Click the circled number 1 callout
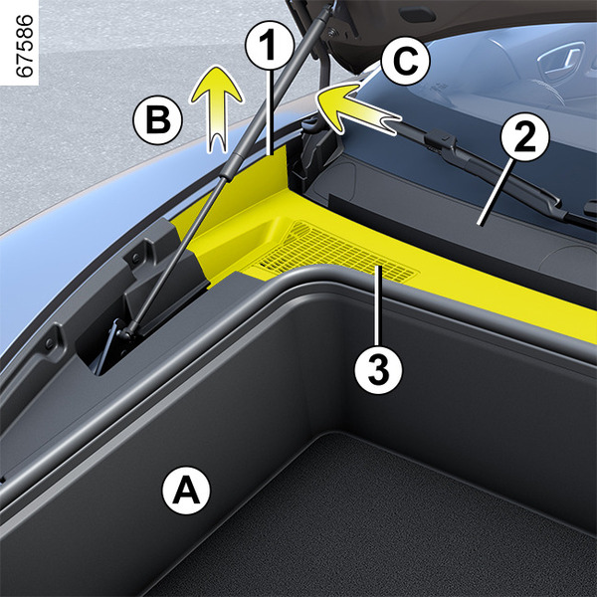(270, 47)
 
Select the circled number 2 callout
(524, 137)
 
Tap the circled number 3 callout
(378, 369)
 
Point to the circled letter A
(187, 492)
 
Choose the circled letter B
(157, 119)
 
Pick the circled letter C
(406, 62)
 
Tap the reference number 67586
(24, 46)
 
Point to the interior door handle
(560, 61)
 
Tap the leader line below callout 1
(271, 112)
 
